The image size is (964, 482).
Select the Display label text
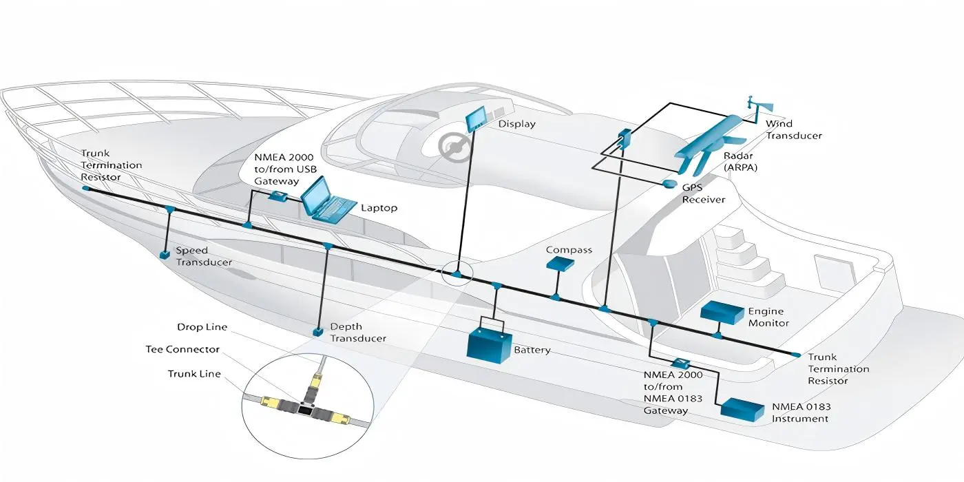point(516,124)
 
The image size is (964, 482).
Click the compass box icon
point(560,263)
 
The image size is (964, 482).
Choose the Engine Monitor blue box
point(722,313)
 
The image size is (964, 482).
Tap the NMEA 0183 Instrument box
point(742,409)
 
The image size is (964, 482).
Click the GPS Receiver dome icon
point(670,185)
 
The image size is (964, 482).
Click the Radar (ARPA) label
point(740,161)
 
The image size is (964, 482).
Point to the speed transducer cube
point(165,255)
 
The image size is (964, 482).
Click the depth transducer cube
point(318,332)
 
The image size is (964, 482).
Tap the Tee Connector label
point(182,349)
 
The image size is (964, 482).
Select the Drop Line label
point(202,327)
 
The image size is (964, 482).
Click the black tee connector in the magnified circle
point(304,409)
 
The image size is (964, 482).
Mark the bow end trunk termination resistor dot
point(85,187)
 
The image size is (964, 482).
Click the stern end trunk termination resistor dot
point(795,355)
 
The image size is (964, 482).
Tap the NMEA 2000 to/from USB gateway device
point(277,196)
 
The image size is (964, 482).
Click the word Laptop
point(379,208)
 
